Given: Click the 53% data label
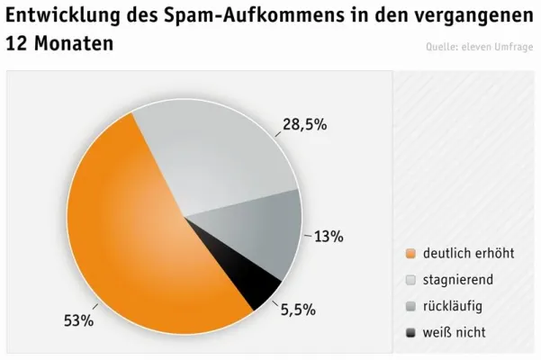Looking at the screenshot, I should pyautogui.click(x=78, y=320).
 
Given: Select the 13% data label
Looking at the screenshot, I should pyautogui.click(x=329, y=237).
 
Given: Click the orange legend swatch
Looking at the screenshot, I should pyautogui.click(x=411, y=254).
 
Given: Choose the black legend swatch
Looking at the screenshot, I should pyautogui.click(x=411, y=333).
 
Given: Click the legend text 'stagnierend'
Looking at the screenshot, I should pyautogui.click(x=458, y=280).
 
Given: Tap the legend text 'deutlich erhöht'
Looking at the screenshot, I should pyautogui.click(x=468, y=253).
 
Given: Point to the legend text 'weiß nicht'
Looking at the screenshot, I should pyautogui.click(x=454, y=332).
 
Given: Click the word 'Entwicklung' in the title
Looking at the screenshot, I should pyautogui.click(x=66, y=15).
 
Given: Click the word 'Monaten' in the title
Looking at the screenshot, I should pyautogui.click(x=76, y=42).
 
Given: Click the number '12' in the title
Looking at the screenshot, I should pyautogui.click(x=18, y=42).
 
